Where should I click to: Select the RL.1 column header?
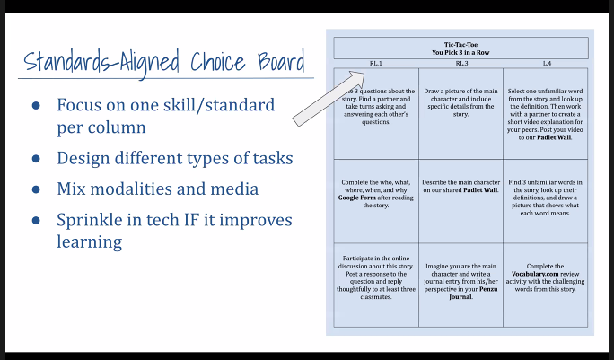point(375,64)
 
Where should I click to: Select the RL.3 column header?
point(460,64)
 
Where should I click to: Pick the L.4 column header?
point(546,64)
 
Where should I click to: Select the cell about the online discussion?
point(376,278)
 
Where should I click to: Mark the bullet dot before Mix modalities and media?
point(37,190)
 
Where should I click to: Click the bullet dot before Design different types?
point(37,160)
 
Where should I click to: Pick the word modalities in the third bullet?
point(142,189)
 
